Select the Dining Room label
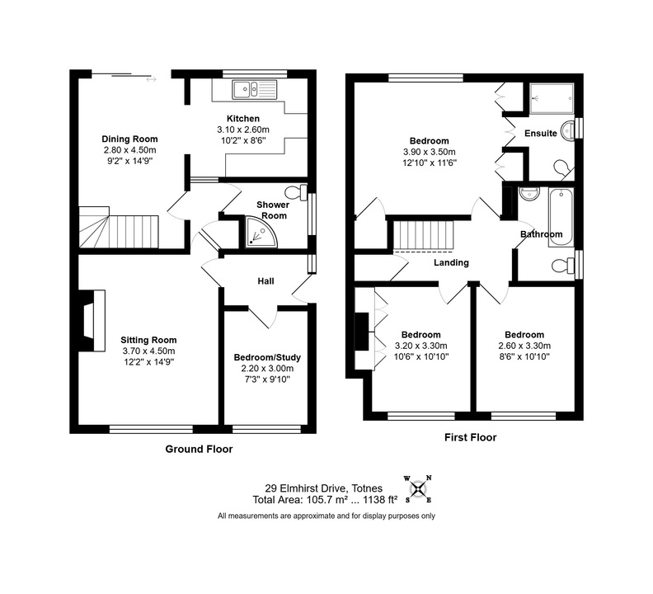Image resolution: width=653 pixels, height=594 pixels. point(129,139)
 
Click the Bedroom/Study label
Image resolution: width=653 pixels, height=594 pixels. point(267,357)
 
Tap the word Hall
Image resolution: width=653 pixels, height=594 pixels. point(265,281)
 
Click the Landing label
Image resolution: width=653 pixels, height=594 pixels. point(451,263)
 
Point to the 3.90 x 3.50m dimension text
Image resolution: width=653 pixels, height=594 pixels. point(429,152)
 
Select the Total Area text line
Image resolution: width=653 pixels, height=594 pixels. point(324,500)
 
